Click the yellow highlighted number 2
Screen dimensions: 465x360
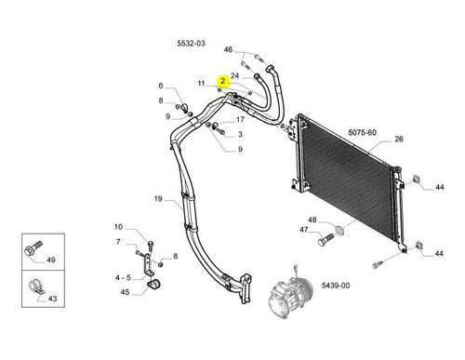point(223,81)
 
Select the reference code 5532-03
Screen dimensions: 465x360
point(191,43)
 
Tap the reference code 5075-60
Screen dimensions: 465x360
point(363,132)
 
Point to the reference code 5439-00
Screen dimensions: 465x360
point(336,286)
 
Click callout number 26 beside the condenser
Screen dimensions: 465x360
point(399,139)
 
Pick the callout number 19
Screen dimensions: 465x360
point(158,199)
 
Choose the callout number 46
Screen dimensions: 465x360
point(228,49)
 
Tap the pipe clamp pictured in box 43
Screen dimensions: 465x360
point(36,287)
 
